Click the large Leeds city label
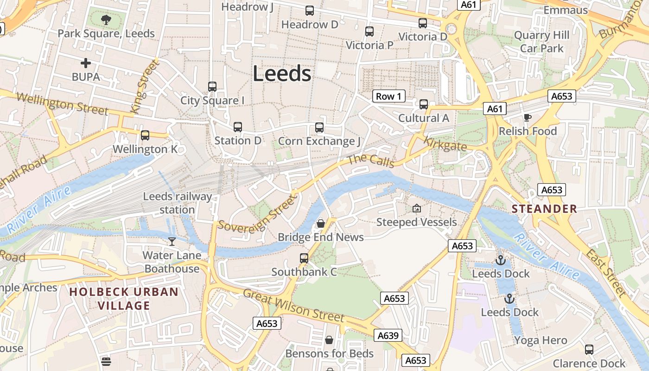(282, 74)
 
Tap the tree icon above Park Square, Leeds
(106, 20)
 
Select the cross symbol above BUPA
(86, 63)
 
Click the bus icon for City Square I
(212, 87)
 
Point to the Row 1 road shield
(388, 96)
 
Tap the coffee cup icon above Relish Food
(527, 117)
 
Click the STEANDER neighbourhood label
(545, 209)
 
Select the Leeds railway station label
(177, 203)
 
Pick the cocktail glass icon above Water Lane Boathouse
(172, 241)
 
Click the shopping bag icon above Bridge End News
(320, 224)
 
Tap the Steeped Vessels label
(416, 222)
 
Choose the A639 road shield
(388, 335)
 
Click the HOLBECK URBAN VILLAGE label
(124, 299)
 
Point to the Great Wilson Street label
(294, 306)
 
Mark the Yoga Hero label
(540, 340)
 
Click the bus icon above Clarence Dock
(589, 350)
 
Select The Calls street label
(371, 160)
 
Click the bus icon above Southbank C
(304, 258)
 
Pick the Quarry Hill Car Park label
(541, 42)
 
